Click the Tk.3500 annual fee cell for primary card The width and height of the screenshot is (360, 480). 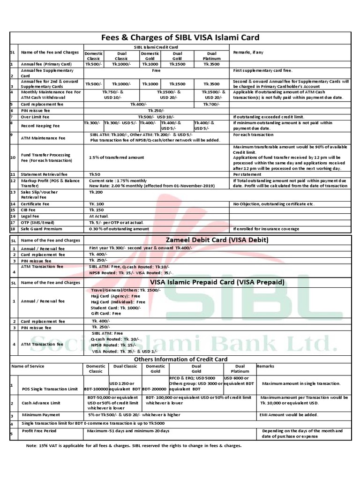pyautogui.click(x=211, y=64)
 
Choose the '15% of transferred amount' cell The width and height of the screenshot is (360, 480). pyautogui.click(x=116, y=157)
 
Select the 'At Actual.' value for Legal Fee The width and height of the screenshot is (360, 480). pyautogui.click(x=98, y=217)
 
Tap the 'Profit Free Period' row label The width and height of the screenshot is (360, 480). pyautogui.click(x=39, y=431)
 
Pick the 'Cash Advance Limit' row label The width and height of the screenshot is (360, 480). pyautogui.click(x=41, y=403)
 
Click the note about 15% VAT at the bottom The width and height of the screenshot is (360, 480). pyautogui.click(x=134, y=446)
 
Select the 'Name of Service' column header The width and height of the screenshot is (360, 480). pyautogui.click(x=28, y=366)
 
